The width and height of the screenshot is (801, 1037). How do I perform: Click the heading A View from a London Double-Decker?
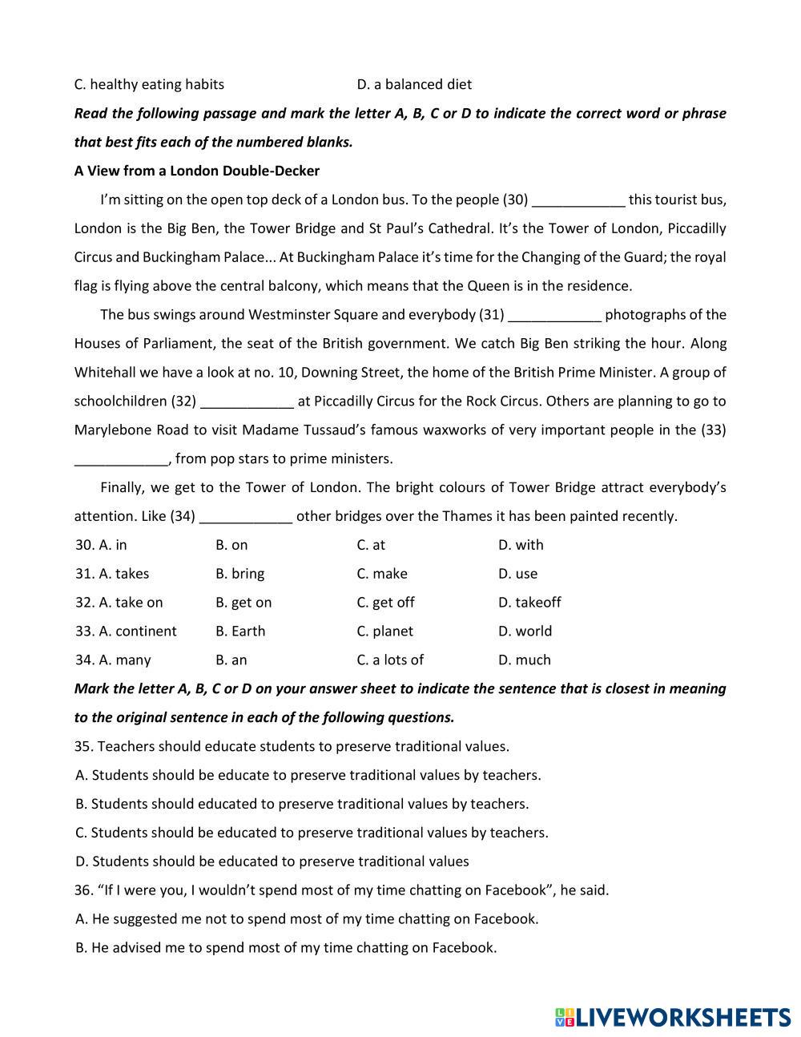196,171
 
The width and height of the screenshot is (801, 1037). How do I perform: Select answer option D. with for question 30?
521,545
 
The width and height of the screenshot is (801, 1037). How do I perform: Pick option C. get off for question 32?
385,603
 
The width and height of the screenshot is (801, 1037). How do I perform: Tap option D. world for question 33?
525,631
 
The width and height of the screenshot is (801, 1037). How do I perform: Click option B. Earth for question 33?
240,631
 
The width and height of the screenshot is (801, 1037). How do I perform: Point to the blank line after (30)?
578,201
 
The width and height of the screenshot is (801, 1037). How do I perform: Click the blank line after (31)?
554,317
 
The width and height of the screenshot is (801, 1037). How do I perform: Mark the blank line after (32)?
247,403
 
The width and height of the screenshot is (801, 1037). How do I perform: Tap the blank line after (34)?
246,518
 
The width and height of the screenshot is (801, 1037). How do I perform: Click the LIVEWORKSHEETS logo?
672,1017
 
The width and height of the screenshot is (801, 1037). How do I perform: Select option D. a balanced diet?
414,84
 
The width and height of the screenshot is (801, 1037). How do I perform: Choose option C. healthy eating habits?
149,84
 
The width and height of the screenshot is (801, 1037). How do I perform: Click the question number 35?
83,747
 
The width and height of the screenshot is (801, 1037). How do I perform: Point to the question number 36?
83,890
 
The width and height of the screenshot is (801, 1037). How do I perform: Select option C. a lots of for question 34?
390,660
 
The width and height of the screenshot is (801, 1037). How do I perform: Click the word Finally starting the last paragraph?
123,487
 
